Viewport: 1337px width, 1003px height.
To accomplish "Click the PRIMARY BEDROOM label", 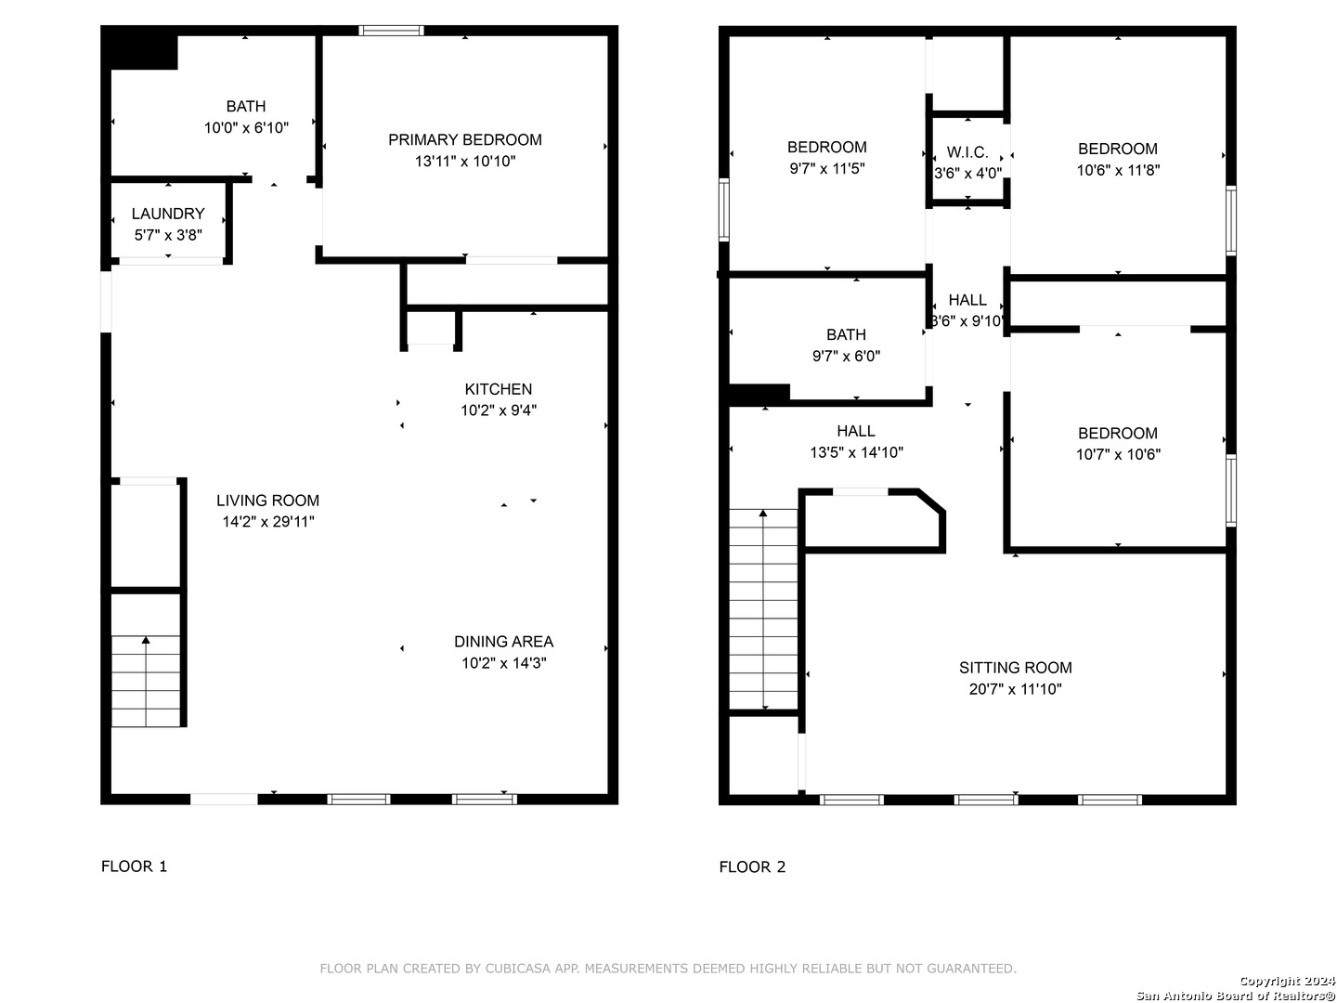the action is (x=465, y=140).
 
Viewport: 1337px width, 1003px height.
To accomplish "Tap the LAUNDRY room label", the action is (x=168, y=214).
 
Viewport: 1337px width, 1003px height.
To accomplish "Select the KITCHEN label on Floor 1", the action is (x=499, y=389).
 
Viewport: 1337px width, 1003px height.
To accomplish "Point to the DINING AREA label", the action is (x=504, y=641).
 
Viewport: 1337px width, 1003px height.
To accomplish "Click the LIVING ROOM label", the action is (x=268, y=501).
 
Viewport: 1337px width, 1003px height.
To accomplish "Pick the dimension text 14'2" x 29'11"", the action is (x=268, y=522).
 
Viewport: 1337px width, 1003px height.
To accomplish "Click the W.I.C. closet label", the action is (x=967, y=152).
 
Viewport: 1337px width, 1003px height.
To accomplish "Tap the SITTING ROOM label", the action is (x=1016, y=668).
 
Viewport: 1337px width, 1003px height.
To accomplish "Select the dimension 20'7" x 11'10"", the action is (x=1016, y=689).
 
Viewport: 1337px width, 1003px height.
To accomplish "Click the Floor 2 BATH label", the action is (x=846, y=335).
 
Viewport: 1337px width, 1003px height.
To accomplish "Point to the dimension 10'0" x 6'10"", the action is (x=246, y=128).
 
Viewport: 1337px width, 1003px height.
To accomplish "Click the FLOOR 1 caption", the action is (x=134, y=866).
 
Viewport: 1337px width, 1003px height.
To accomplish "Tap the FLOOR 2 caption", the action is (x=752, y=867).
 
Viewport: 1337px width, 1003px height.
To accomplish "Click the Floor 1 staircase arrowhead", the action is (x=146, y=640).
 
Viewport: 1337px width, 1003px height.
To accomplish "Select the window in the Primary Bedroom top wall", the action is (x=391, y=31).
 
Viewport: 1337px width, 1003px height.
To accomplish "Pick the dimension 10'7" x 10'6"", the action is (x=1118, y=455).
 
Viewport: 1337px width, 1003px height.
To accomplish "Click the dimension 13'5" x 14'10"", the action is (x=856, y=452).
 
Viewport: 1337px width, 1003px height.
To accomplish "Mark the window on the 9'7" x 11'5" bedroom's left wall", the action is (x=723, y=210).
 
